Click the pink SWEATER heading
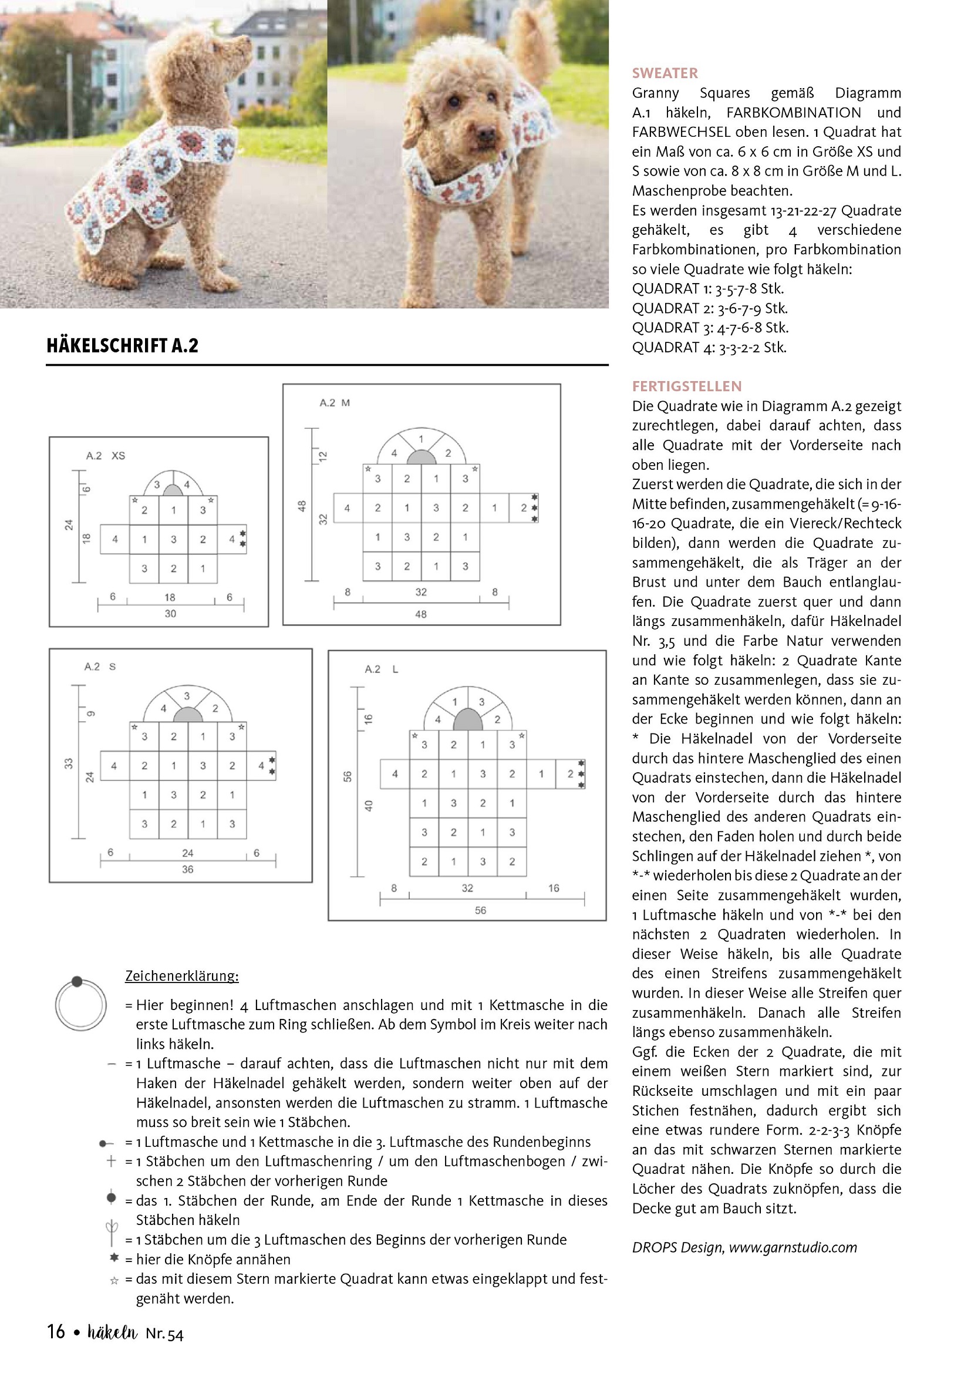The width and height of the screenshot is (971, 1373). pyautogui.click(x=665, y=73)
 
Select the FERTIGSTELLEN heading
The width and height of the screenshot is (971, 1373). pyautogui.click(x=686, y=386)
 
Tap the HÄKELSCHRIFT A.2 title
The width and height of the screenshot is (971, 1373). pyautogui.click(x=123, y=346)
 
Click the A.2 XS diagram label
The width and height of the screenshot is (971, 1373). pyautogui.click(x=105, y=456)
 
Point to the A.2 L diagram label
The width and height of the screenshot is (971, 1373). pyautogui.click(x=382, y=669)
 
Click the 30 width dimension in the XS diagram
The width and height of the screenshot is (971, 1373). pyautogui.click(x=170, y=614)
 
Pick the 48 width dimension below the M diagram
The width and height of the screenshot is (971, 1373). pyautogui.click(x=421, y=614)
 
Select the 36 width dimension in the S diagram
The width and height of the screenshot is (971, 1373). pyautogui.click(x=188, y=870)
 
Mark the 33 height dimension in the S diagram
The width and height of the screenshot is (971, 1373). pyautogui.click(x=69, y=763)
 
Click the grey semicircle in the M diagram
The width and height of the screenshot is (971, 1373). pyautogui.click(x=422, y=457)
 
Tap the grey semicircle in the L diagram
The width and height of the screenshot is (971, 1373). pyautogui.click(x=467, y=720)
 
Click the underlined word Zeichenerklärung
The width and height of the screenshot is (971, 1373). pyautogui.click(x=182, y=976)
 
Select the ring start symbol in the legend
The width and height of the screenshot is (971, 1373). pyautogui.click(x=80, y=1005)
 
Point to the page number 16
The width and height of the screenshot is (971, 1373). pyautogui.click(x=56, y=1331)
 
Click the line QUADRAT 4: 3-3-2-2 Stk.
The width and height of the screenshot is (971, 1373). pyautogui.click(x=709, y=348)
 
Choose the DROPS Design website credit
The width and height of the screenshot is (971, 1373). pyautogui.click(x=744, y=1247)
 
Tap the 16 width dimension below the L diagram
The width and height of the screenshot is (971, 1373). pyautogui.click(x=554, y=889)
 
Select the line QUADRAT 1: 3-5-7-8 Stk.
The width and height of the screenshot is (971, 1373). pyautogui.click(x=708, y=289)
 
